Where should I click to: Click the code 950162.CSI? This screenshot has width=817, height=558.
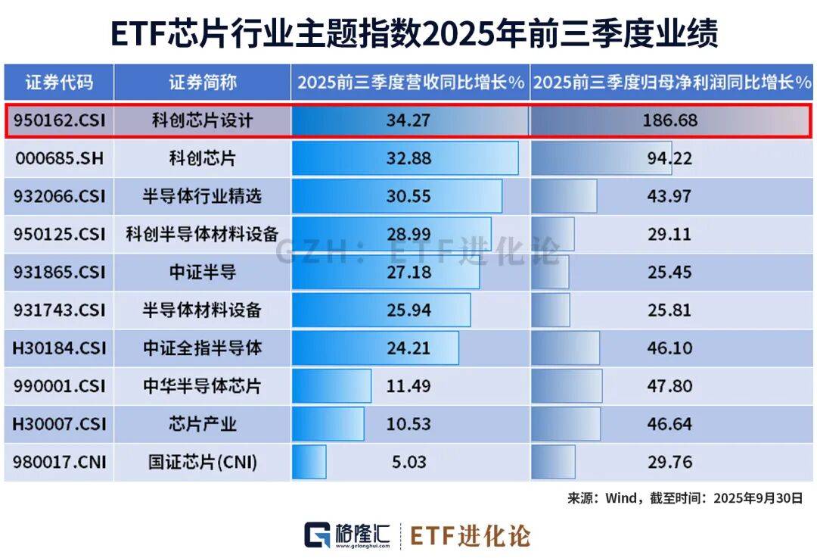(x=60, y=120)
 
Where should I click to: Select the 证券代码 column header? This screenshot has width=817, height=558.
(x=60, y=83)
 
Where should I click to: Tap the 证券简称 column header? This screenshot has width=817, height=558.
(x=202, y=83)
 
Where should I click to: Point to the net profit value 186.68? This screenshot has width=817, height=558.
(x=669, y=120)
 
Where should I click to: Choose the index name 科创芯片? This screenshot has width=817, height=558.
(x=202, y=158)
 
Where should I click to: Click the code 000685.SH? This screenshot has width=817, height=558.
(x=60, y=158)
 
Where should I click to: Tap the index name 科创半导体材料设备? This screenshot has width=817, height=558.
(x=202, y=234)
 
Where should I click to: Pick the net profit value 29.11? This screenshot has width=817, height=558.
(x=669, y=234)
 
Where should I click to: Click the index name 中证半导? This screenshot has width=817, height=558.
(x=202, y=272)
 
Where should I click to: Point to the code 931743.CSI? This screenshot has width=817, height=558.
(x=60, y=310)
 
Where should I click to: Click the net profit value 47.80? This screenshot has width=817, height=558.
(x=669, y=386)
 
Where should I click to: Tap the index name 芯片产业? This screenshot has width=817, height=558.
(x=202, y=424)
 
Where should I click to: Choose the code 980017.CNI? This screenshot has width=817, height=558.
(x=60, y=462)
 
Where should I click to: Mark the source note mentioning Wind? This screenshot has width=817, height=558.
(x=685, y=498)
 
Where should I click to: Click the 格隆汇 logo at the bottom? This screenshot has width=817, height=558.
(x=347, y=535)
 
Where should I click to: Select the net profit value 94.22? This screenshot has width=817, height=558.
(x=669, y=158)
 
